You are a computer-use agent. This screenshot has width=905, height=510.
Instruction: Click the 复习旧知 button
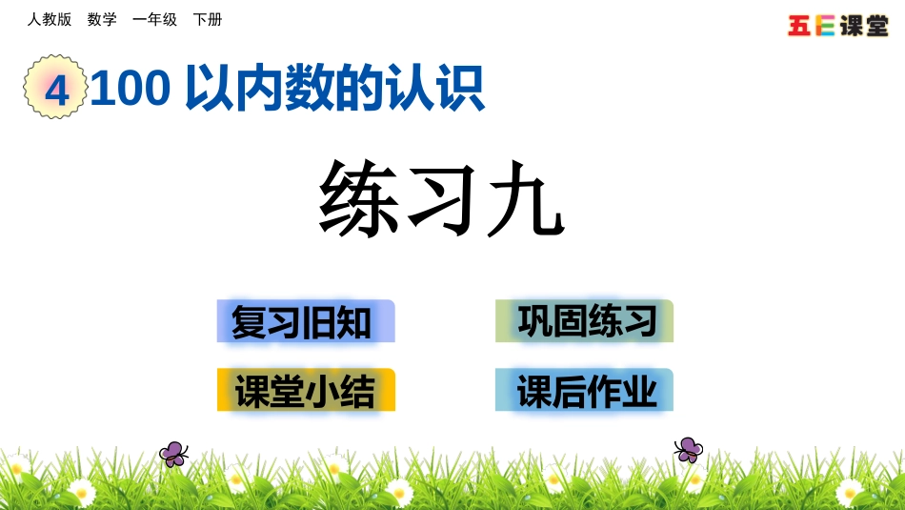pos(305,321)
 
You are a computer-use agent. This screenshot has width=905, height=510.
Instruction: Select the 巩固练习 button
pos(584,321)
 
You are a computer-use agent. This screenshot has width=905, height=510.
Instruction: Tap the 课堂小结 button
pos(305,390)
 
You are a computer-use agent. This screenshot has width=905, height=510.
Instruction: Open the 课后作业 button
pos(584,390)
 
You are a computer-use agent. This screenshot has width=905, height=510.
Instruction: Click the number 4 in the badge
pos(56,90)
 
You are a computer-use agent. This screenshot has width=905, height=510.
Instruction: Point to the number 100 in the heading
pos(131,89)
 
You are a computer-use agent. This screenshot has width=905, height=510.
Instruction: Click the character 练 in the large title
pos(358,198)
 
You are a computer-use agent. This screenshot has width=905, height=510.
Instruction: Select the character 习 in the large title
pos(442,198)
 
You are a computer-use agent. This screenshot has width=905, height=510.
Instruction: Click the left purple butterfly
pos(173,454)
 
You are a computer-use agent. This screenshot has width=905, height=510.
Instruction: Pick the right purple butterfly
pos(688,449)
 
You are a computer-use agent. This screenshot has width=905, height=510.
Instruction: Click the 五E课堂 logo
pos(837,26)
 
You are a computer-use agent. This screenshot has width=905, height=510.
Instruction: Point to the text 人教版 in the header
pos(50,19)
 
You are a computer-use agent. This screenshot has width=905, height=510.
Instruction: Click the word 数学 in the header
pos(102,19)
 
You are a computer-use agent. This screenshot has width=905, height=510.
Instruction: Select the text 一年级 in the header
pos(154,19)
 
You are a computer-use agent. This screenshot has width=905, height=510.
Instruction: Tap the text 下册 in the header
pos(208,19)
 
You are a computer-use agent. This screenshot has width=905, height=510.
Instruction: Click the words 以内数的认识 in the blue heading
pos(333,89)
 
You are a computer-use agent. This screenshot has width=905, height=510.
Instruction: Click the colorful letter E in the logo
pos(825,26)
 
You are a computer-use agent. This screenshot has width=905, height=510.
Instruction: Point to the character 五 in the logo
pos(800,26)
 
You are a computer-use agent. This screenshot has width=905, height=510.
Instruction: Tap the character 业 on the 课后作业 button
pos(640,391)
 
